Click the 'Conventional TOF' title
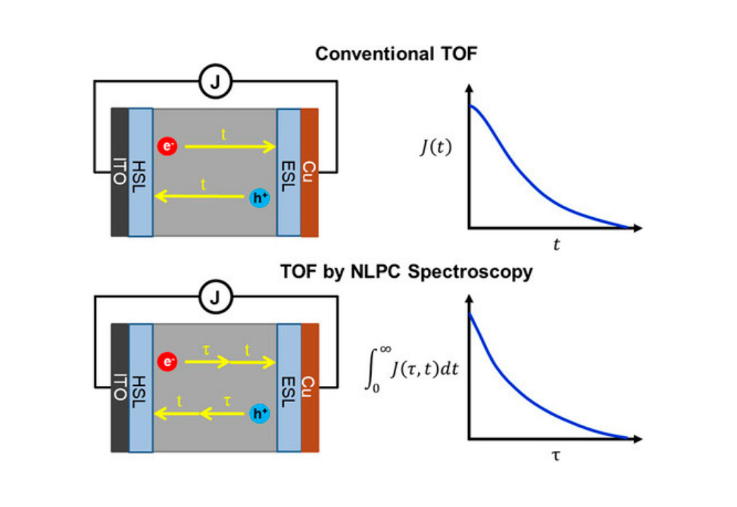click(x=396, y=54)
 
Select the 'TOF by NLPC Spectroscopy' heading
click(x=407, y=272)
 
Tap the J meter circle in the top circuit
click(x=216, y=82)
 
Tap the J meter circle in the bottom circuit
click(x=216, y=297)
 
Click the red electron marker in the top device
click(x=167, y=146)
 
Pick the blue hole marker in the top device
click(x=260, y=198)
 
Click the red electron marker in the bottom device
click(x=167, y=362)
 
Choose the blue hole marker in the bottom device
click(x=260, y=413)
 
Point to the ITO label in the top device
click(x=120, y=172)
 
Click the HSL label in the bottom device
click(x=139, y=391)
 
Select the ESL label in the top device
click(x=288, y=176)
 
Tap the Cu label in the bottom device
click(x=308, y=387)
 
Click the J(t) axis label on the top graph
click(x=436, y=148)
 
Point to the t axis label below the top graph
click(x=557, y=244)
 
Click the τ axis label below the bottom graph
click(x=556, y=456)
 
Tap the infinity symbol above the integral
click(x=386, y=349)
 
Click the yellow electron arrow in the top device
click(x=230, y=147)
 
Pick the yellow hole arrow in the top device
click(x=199, y=196)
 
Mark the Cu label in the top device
click(x=308, y=171)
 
